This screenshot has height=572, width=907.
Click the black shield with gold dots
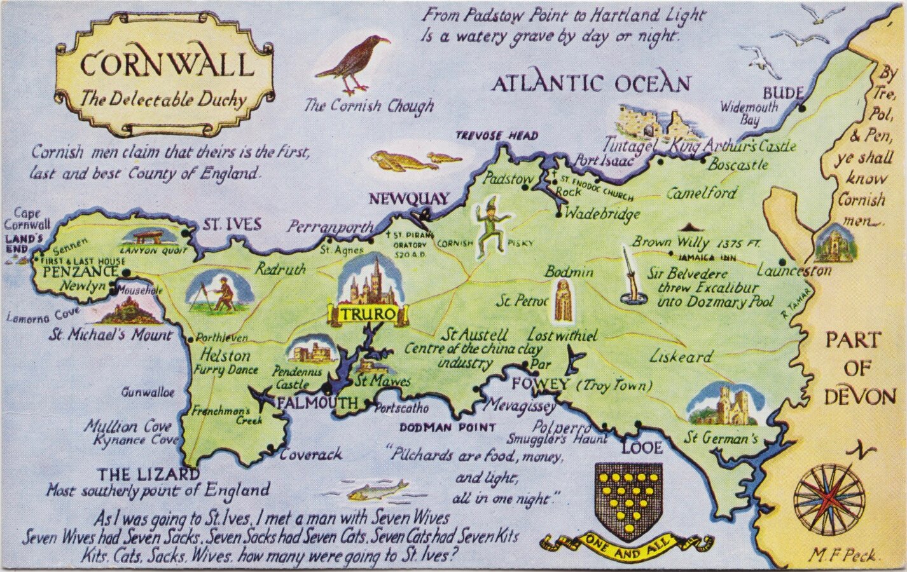click(628, 498)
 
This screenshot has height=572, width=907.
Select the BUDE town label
click(783, 93)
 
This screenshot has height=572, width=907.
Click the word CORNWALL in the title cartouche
click(167, 64)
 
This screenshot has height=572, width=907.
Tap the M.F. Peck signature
click(844, 555)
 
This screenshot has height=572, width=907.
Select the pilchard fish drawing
click(380, 489)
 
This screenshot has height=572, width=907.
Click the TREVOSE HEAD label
click(497, 135)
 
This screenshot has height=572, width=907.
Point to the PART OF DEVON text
click(860, 369)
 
